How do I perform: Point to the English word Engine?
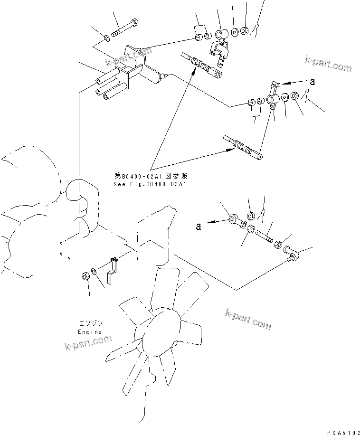tap(90, 332)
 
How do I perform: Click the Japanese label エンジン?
tap(90, 323)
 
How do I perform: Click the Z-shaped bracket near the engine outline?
tap(112, 271)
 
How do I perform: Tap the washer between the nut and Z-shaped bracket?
tap(94, 271)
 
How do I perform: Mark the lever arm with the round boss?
tap(273, 97)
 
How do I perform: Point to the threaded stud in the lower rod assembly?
tap(264, 234)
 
